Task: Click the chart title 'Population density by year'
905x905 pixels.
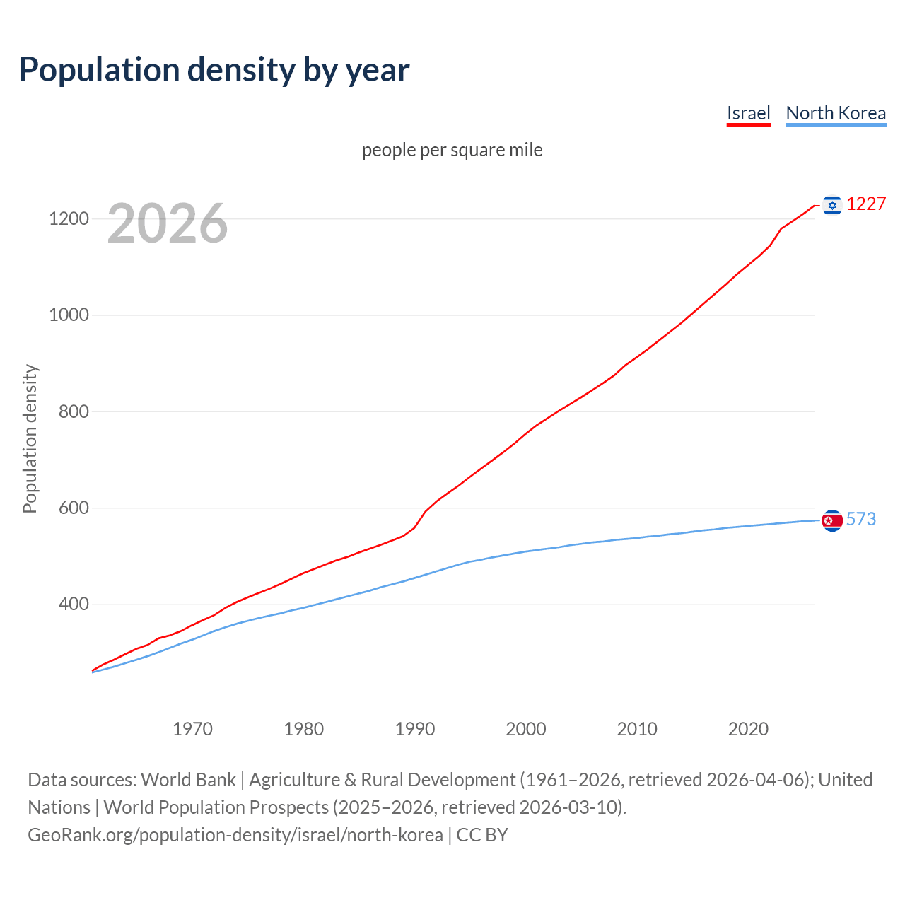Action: pyautogui.click(x=214, y=70)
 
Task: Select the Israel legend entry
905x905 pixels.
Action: pyautogui.click(x=748, y=113)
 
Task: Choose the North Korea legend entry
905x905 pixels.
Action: pyautogui.click(x=836, y=113)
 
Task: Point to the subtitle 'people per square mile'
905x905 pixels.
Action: pyautogui.click(x=452, y=150)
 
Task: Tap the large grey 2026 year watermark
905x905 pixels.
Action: pyautogui.click(x=168, y=223)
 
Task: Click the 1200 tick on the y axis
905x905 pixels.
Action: pyautogui.click(x=69, y=218)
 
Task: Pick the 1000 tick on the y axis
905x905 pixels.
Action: pyautogui.click(x=69, y=315)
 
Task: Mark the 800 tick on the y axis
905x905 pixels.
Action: pyautogui.click(x=74, y=411)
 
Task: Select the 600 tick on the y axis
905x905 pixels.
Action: pyautogui.click(x=74, y=508)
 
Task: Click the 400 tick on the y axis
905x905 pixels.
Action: pyautogui.click(x=74, y=605)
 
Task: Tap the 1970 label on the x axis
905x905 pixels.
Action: pyautogui.click(x=192, y=729)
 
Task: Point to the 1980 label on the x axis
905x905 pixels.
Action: pyautogui.click(x=303, y=729)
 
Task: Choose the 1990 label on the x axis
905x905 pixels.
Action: pyautogui.click(x=415, y=729)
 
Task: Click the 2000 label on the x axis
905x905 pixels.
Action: pyautogui.click(x=526, y=729)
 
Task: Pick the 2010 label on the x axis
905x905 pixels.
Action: pyautogui.click(x=637, y=729)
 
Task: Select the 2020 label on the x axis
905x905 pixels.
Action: pyautogui.click(x=748, y=729)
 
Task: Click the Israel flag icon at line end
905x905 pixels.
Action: pyautogui.click(x=832, y=205)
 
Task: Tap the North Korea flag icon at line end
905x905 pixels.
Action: pyautogui.click(x=832, y=520)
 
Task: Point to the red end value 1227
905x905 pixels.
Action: pyautogui.click(x=866, y=204)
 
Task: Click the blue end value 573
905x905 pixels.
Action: pyautogui.click(x=861, y=520)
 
